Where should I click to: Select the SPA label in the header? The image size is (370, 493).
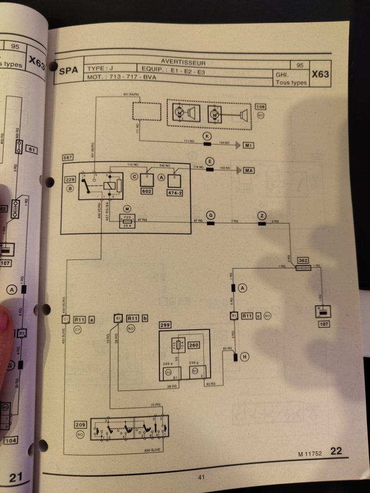pos(68,70)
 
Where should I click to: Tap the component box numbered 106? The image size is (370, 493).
pos(261,107)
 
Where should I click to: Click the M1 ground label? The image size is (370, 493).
pos(249,145)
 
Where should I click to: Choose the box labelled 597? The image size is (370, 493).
pos(69,157)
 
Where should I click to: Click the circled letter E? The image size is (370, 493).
pos(210,161)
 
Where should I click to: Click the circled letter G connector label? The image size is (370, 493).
pos(211,215)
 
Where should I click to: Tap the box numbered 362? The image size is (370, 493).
pos(303,260)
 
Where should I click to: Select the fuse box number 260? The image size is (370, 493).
pos(193,345)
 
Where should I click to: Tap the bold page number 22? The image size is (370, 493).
pos(336,451)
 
